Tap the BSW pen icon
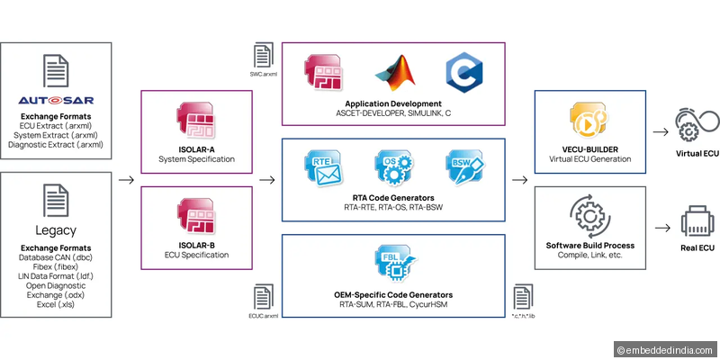[x=463, y=167]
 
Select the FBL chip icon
[x=392, y=265]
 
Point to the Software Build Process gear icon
[x=590, y=216]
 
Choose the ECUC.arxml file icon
[x=263, y=297]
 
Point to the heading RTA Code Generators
[x=392, y=197]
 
